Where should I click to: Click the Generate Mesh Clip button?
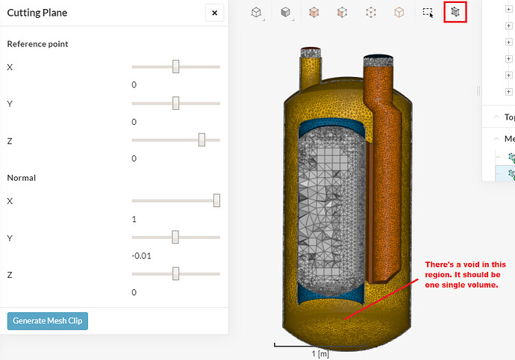(x=48, y=321)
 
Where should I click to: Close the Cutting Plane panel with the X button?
(x=214, y=13)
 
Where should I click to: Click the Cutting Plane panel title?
(x=37, y=13)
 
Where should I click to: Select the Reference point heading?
(x=37, y=44)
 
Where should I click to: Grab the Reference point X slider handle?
(x=175, y=66)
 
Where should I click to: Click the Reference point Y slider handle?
(x=175, y=103)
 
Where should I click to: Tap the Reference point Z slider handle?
(x=202, y=140)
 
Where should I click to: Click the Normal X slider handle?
(x=216, y=200)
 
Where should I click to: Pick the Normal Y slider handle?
(x=175, y=237)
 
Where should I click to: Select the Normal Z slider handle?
(x=175, y=273)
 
